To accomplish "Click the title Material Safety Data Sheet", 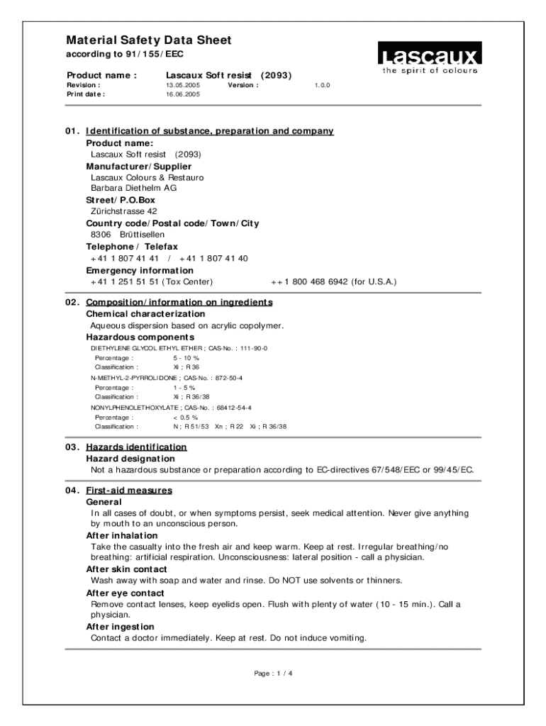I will click(x=148, y=40).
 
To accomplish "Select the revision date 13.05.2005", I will click(x=183, y=84).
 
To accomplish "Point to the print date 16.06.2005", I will click(x=183, y=94).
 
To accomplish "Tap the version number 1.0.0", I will click(x=323, y=84).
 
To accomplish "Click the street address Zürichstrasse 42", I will click(x=124, y=211).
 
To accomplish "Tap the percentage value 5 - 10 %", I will click(x=186, y=359).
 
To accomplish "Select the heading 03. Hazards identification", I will click(x=126, y=447).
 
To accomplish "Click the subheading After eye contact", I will click(x=126, y=593).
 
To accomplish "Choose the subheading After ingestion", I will click(x=120, y=627).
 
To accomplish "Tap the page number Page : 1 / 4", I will click(x=273, y=674).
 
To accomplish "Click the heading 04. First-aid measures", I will click(x=118, y=491).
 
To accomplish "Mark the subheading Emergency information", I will click(x=140, y=271).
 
